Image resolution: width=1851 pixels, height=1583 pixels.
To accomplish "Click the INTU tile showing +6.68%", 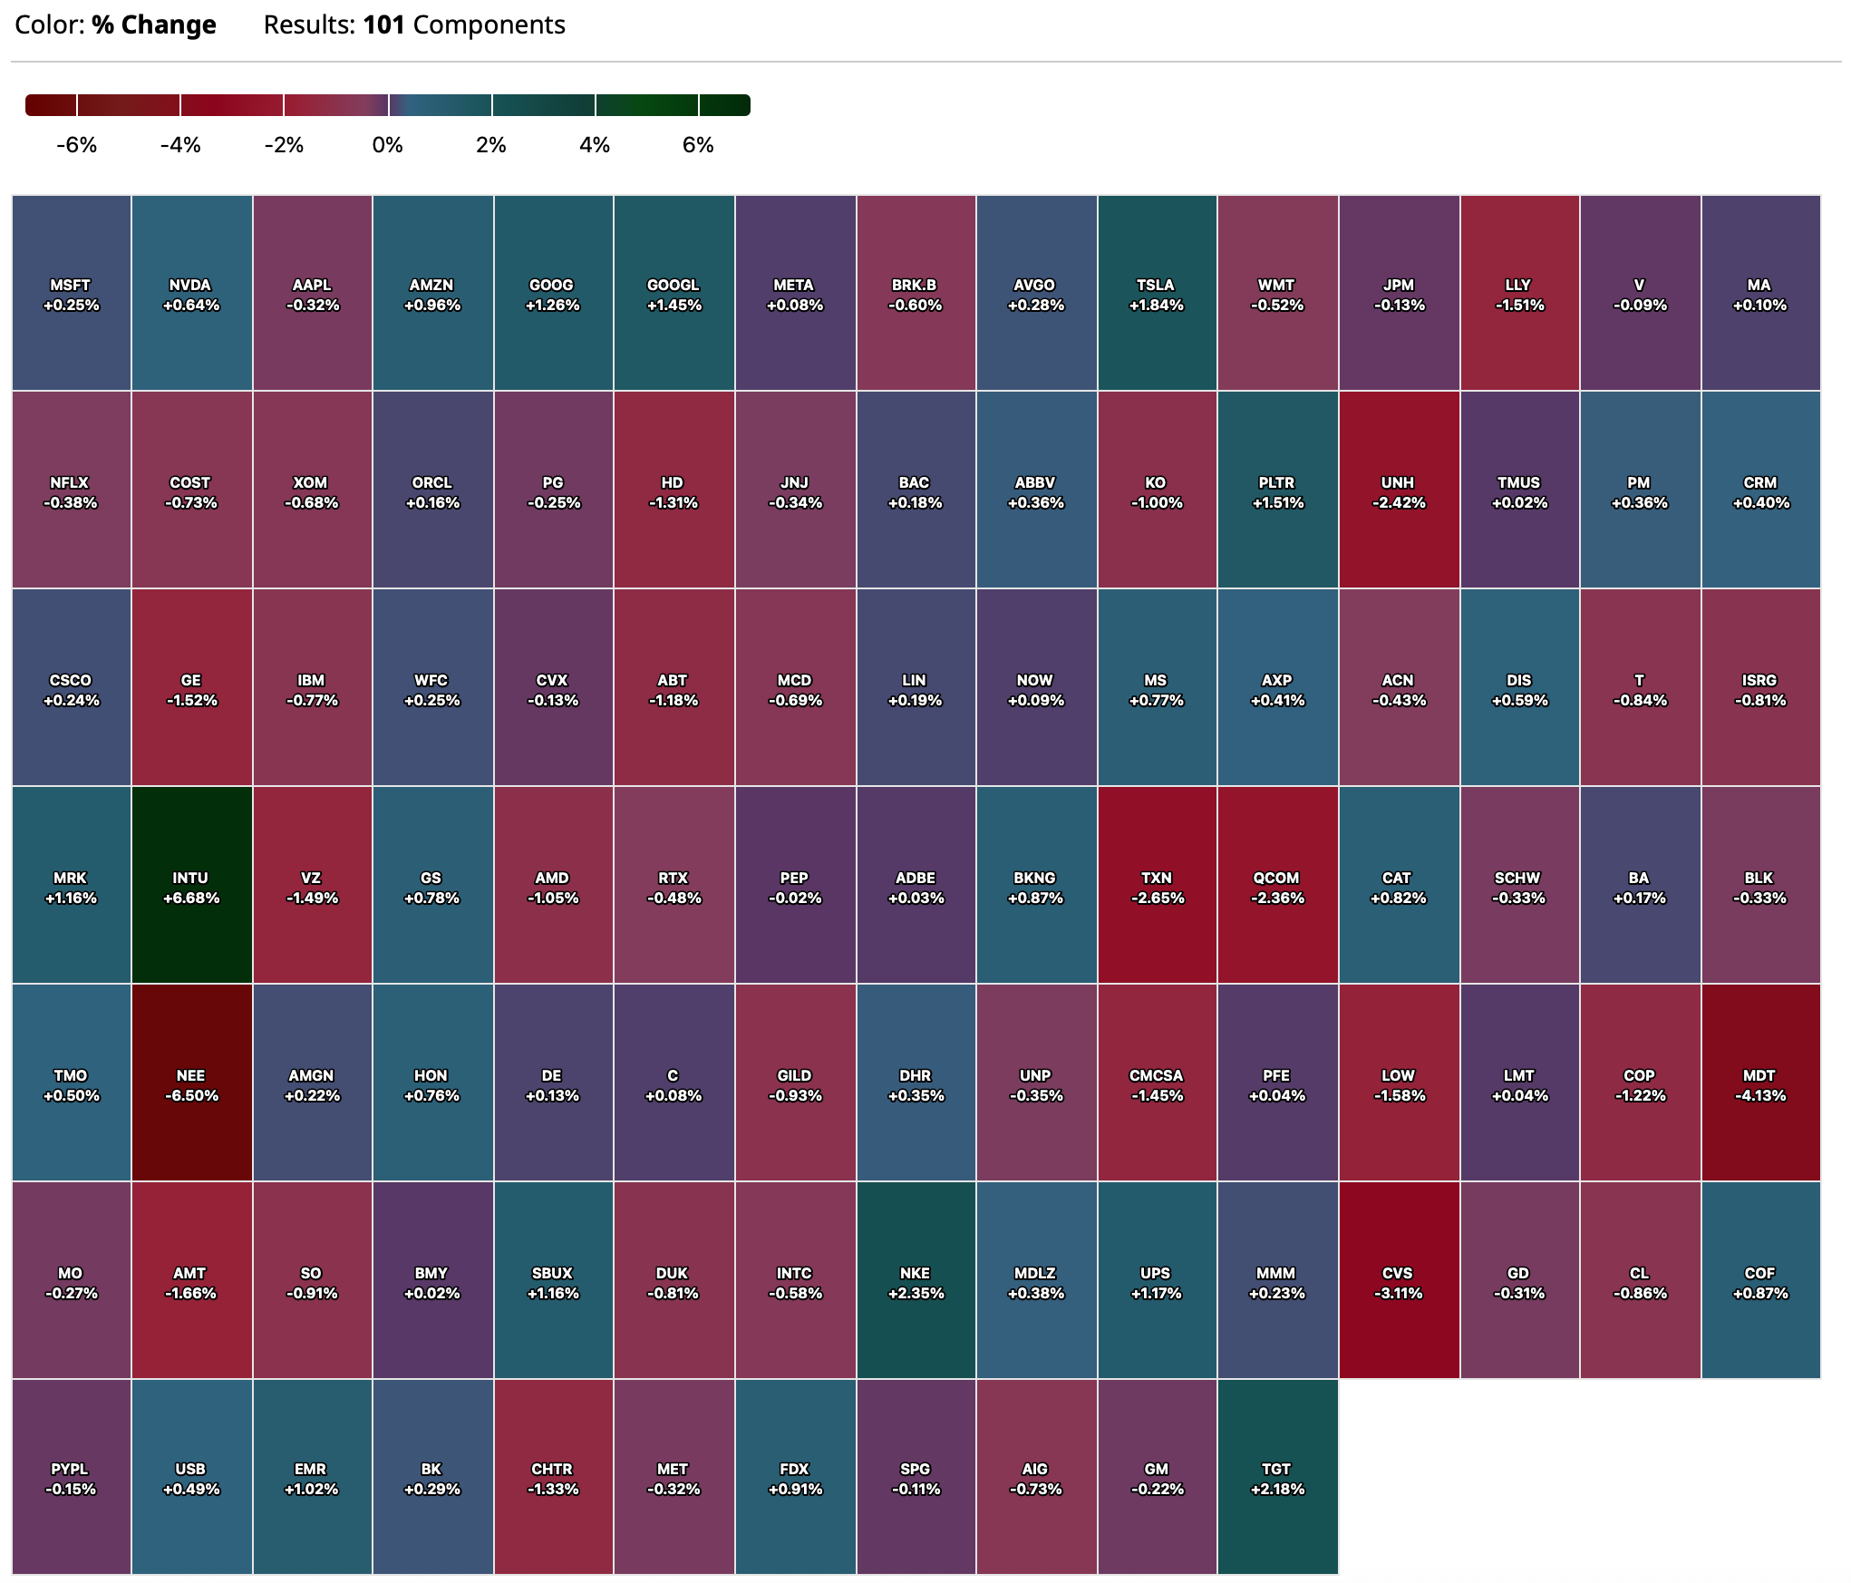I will click(191, 886).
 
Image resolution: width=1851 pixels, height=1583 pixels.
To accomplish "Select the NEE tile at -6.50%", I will click(191, 1083).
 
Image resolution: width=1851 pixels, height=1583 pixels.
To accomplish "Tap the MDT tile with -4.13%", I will click(1760, 1083).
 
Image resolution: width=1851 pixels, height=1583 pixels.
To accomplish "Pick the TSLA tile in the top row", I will click(1157, 294).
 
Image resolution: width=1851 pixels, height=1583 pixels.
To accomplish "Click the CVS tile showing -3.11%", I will click(1398, 1281).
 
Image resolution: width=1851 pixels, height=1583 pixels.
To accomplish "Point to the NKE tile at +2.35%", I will click(916, 1281).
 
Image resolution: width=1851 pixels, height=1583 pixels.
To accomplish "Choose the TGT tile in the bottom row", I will click(1277, 1479).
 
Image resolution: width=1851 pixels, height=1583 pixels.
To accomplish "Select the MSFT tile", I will click(72, 294).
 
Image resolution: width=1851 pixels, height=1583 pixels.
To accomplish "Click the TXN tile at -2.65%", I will click(1157, 886).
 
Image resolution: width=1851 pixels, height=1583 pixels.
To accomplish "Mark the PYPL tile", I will click(72, 1479).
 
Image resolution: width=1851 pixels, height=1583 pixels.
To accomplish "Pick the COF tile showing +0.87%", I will click(1760, 1281).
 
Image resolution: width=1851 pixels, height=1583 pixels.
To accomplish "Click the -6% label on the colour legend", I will click(76, 145).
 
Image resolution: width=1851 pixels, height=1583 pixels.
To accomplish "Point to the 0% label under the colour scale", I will click(387, 145).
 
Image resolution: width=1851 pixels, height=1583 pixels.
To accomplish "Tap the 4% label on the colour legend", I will click(595, 145).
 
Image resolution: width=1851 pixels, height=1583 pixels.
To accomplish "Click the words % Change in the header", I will click(154, 24).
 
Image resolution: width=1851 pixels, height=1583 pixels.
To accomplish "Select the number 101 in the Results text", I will click(383, 24).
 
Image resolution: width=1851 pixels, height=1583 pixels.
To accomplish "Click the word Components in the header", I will click(489, 24).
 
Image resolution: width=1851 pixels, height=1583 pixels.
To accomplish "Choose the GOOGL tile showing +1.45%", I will click(674, 294).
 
